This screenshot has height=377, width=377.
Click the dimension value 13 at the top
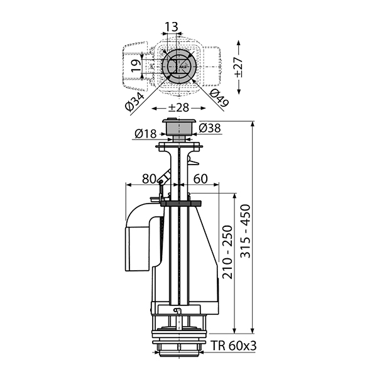pos(172,26)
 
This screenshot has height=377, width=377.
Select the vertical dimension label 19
pos(136,65)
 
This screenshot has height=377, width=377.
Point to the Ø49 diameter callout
pos(219,98)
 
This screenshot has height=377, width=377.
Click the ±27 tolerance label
pos(238,67)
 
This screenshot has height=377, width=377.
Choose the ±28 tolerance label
pos(178,107)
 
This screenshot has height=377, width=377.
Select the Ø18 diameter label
pos(146,133)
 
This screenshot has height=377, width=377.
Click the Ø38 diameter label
pos(210,128)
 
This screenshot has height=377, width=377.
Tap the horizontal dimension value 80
pos(149,178)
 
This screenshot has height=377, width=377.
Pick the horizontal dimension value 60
pos(200,178)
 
